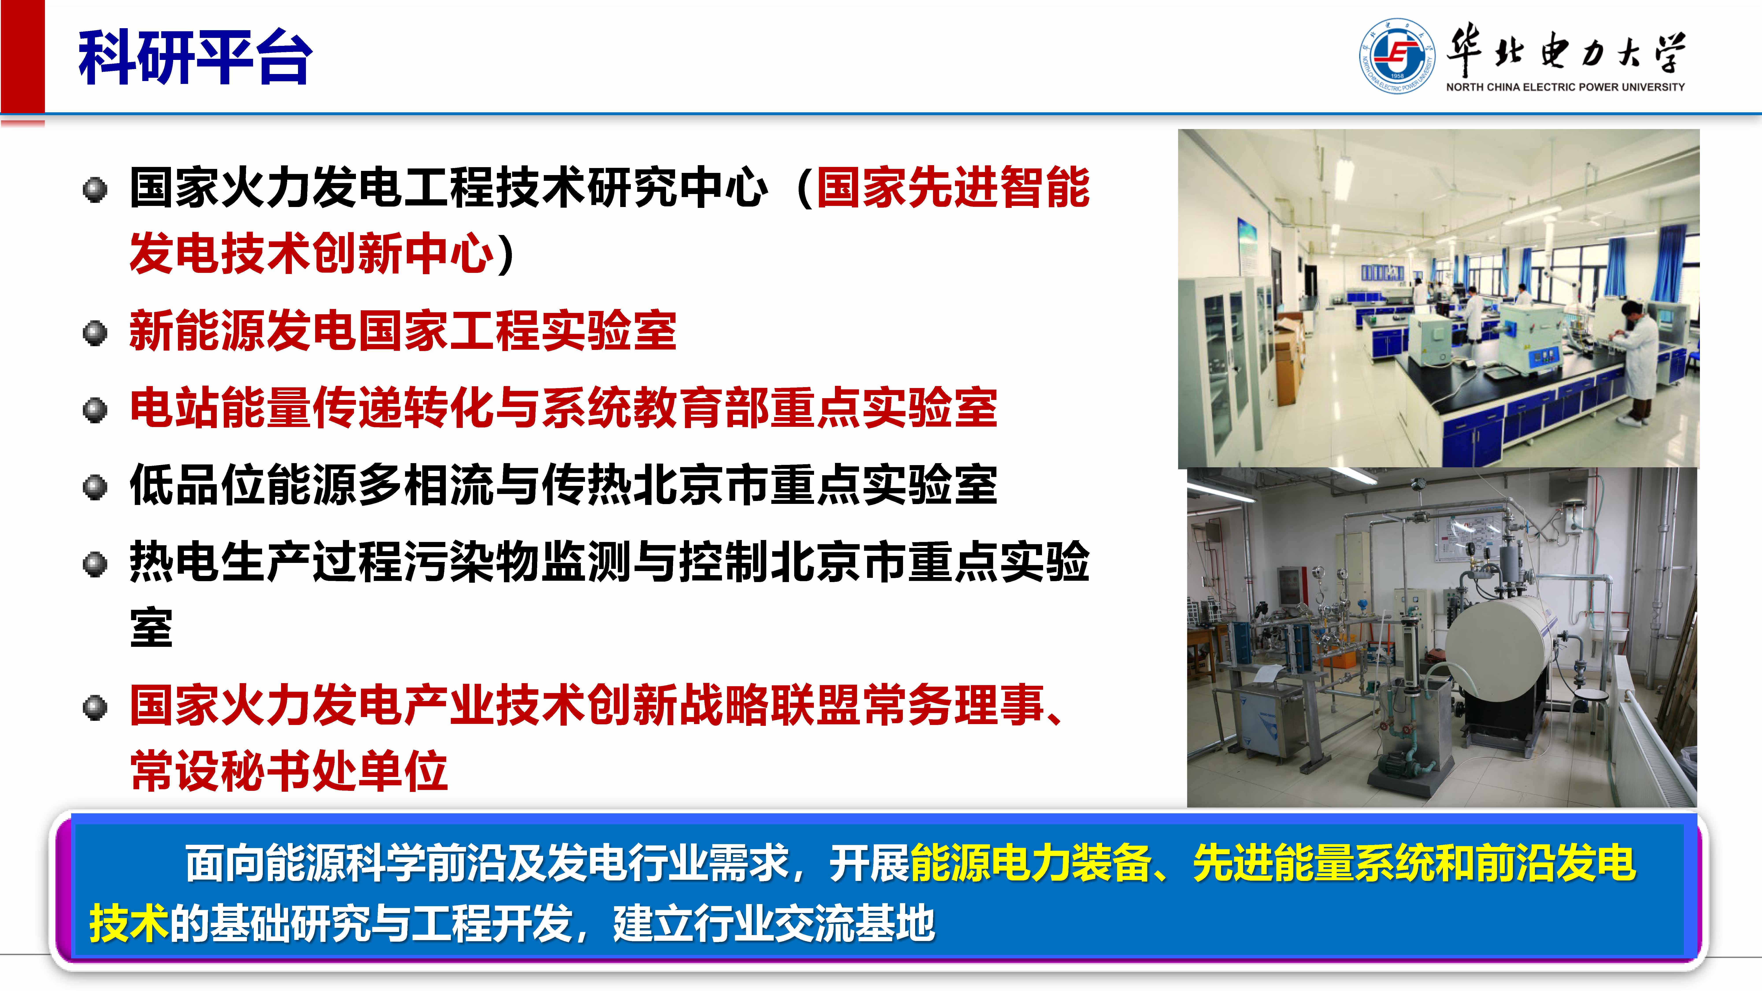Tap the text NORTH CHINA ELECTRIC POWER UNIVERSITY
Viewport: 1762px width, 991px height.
point(1565,87)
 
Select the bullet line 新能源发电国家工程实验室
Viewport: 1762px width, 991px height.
point(403,331)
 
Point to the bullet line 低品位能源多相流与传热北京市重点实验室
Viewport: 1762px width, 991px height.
point(563,485)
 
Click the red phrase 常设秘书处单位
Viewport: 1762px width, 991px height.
point(289,771)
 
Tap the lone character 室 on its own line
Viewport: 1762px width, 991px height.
point(151,628)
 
